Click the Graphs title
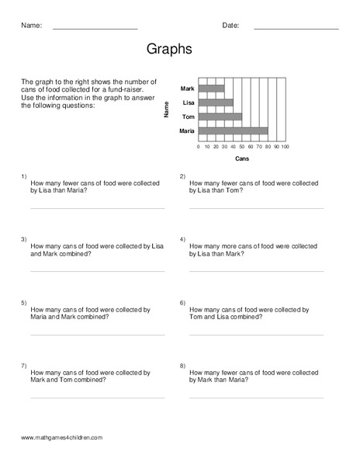[168, 49]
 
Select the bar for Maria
[233, 130]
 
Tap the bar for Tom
[220, 116]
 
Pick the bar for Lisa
[216, 103]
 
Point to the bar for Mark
[211, 89]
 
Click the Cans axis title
[242, 158]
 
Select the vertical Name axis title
[167, 110]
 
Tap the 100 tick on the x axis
[285, 146]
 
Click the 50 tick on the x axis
[241, 146]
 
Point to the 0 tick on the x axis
[198, 146]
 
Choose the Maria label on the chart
[186, 130]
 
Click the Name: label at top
[32, 26]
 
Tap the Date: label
[230, 26]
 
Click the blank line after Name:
[95, 29]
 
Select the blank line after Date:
[296, 29]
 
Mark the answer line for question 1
[97, 208]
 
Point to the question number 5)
[24, 302]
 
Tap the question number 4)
[183, 238]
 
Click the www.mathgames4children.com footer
[62, 438]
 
